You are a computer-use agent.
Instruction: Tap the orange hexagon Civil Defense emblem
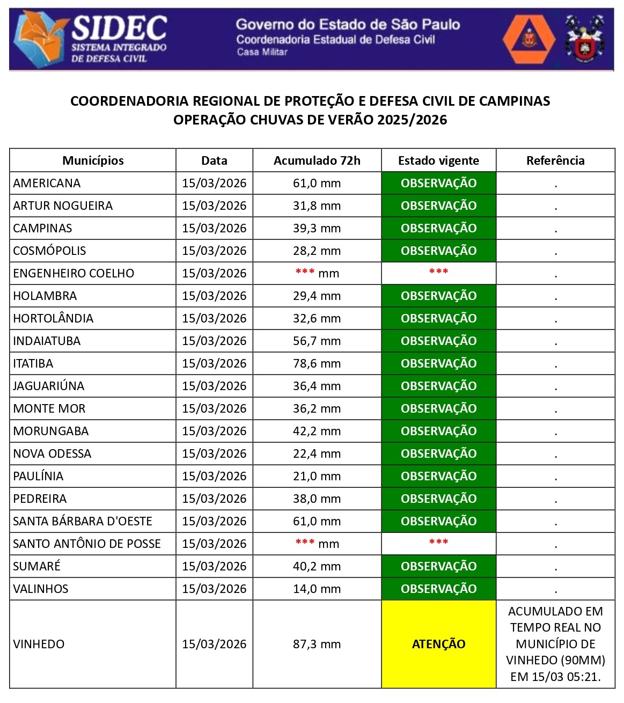pos(529,39)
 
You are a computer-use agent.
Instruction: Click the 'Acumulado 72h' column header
pos(317,160)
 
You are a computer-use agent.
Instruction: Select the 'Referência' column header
pos(555,160)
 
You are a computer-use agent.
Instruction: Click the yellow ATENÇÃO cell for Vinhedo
pos(438,644)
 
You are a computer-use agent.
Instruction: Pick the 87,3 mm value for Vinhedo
pos(317,644)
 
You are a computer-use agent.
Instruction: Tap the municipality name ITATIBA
pos(33,363)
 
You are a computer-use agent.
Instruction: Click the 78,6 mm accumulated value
pos(317,363)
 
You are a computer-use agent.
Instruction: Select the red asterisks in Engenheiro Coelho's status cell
pos(438,272)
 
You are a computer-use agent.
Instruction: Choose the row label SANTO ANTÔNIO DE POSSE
pos(87,544)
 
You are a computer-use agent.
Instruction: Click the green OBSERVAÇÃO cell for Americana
pos(438,183)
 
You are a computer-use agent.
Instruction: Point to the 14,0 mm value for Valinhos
pos(317,589)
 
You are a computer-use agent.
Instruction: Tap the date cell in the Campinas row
pos(214,228)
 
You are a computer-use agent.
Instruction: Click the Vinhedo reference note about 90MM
pos(555,644)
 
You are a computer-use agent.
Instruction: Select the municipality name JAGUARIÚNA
pos(49,386)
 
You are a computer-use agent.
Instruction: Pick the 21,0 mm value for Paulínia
pos(317,476)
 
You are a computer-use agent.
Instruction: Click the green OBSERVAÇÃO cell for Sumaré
pos(438,566)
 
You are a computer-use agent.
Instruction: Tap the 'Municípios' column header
pos(93,160)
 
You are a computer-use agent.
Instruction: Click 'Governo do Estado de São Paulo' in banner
pos(348,24)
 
